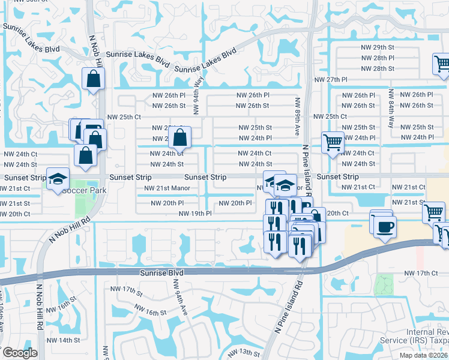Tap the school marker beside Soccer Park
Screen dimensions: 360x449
pos(58,179)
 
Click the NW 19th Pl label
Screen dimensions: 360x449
pos(195,214)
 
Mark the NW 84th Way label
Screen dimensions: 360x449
pos(391,109)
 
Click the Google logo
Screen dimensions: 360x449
pos(19,353)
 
